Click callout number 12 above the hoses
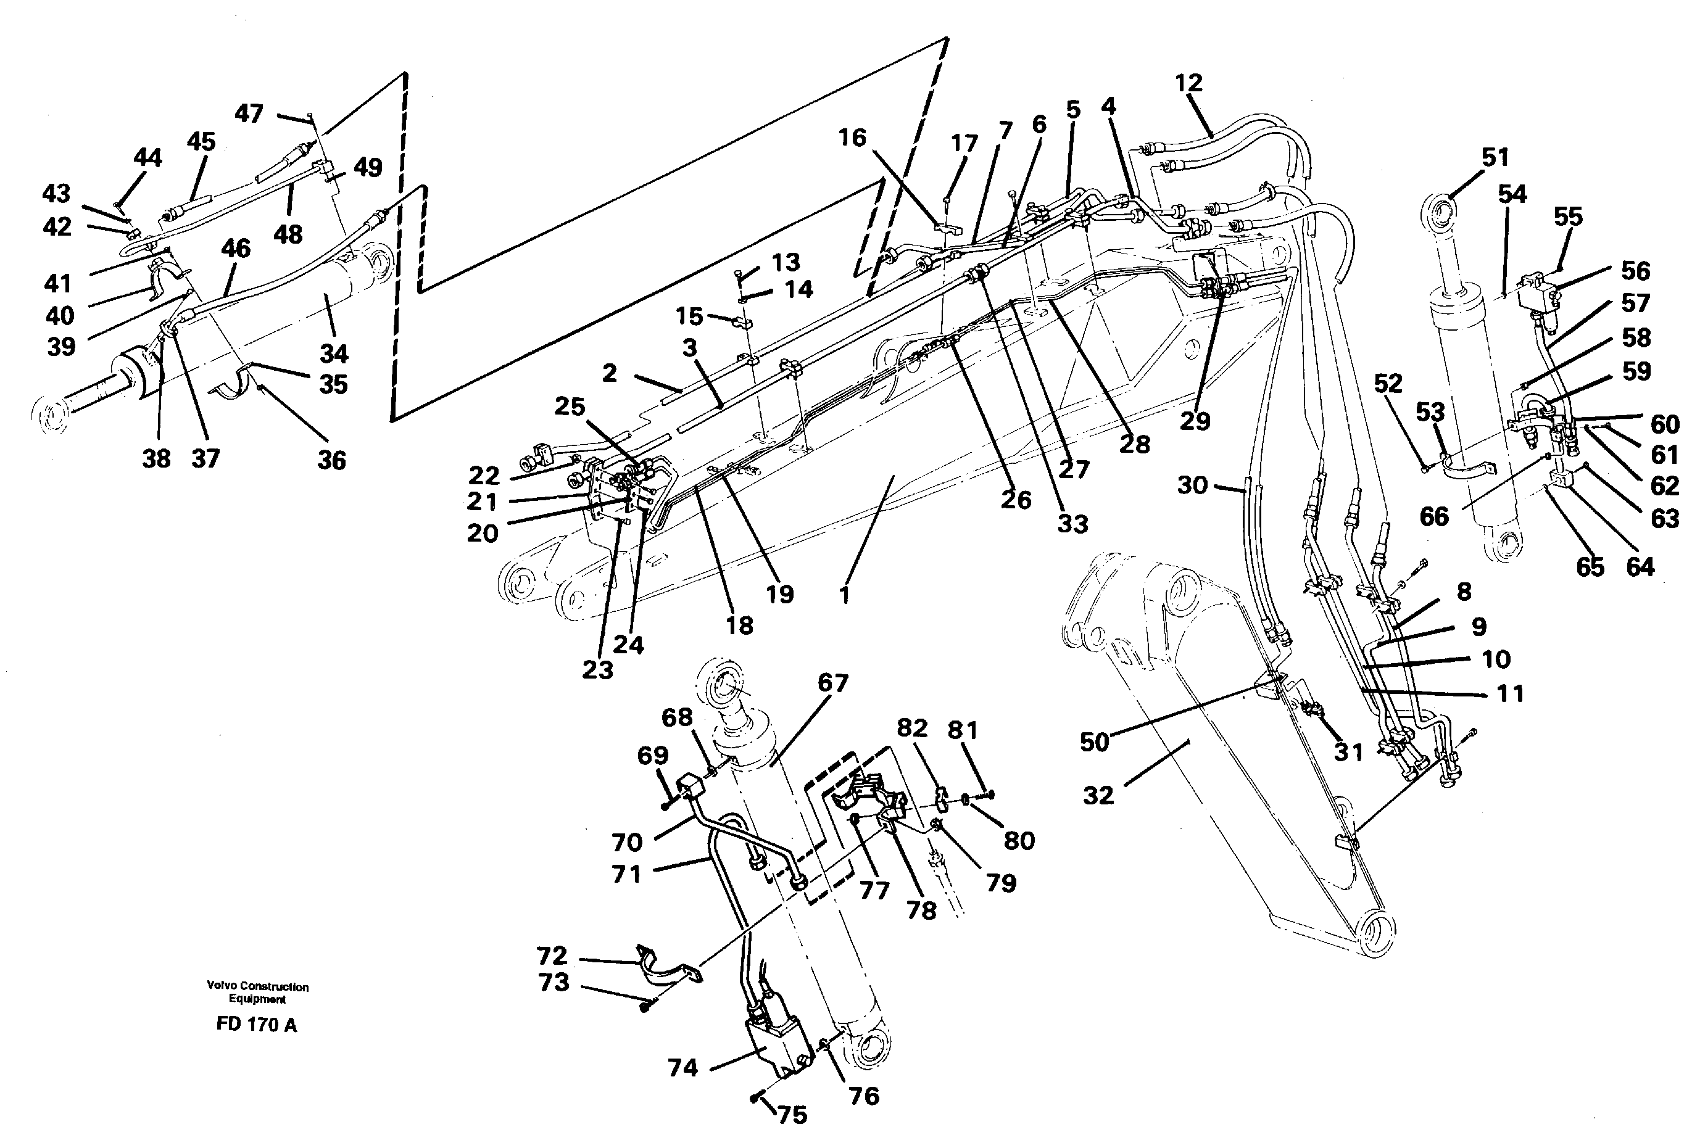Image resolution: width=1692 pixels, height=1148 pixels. tap(1188, 84)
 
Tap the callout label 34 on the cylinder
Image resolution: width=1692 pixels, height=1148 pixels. tap(334, 355)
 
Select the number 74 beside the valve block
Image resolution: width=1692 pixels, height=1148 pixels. tap(683, 1068)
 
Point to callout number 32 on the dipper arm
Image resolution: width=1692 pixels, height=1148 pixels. tap(1098, 795)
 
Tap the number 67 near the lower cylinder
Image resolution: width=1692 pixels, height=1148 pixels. tap(833, 683)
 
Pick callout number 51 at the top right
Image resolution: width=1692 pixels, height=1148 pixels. tap(1495, 157)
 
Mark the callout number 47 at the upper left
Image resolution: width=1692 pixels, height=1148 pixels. tap(249, 114)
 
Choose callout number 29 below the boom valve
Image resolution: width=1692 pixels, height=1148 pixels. tap(1194, 421)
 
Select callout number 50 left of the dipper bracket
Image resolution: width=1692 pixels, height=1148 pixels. tap(1094, 742)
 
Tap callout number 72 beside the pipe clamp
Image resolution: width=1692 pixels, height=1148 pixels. tap(551, 955)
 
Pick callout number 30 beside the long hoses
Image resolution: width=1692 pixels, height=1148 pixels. tap(1193, 485)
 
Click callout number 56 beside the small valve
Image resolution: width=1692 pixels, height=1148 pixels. tap(1635, 271)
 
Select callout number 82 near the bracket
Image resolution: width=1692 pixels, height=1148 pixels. tap(912, 728)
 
